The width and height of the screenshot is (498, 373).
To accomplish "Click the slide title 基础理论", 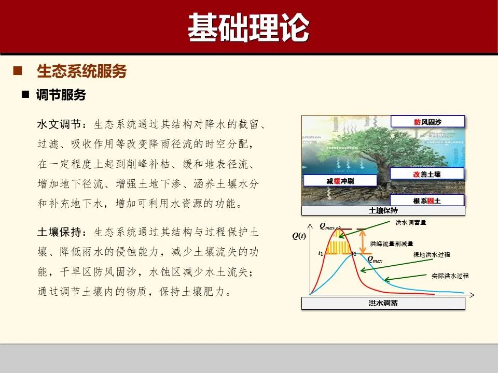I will pos(248,28).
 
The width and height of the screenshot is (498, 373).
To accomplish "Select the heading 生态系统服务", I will pos(82,71).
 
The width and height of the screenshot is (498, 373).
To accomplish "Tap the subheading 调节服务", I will pos(61,95).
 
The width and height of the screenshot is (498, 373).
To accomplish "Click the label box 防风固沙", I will pos(427,122).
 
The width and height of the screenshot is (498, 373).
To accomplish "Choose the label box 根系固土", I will pos(427,200).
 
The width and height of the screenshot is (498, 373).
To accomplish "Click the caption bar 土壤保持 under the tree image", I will pos(383,211).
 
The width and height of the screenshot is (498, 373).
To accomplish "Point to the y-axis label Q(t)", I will pos(299,236).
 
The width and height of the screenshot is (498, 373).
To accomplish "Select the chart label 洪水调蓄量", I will pos(411,222).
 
